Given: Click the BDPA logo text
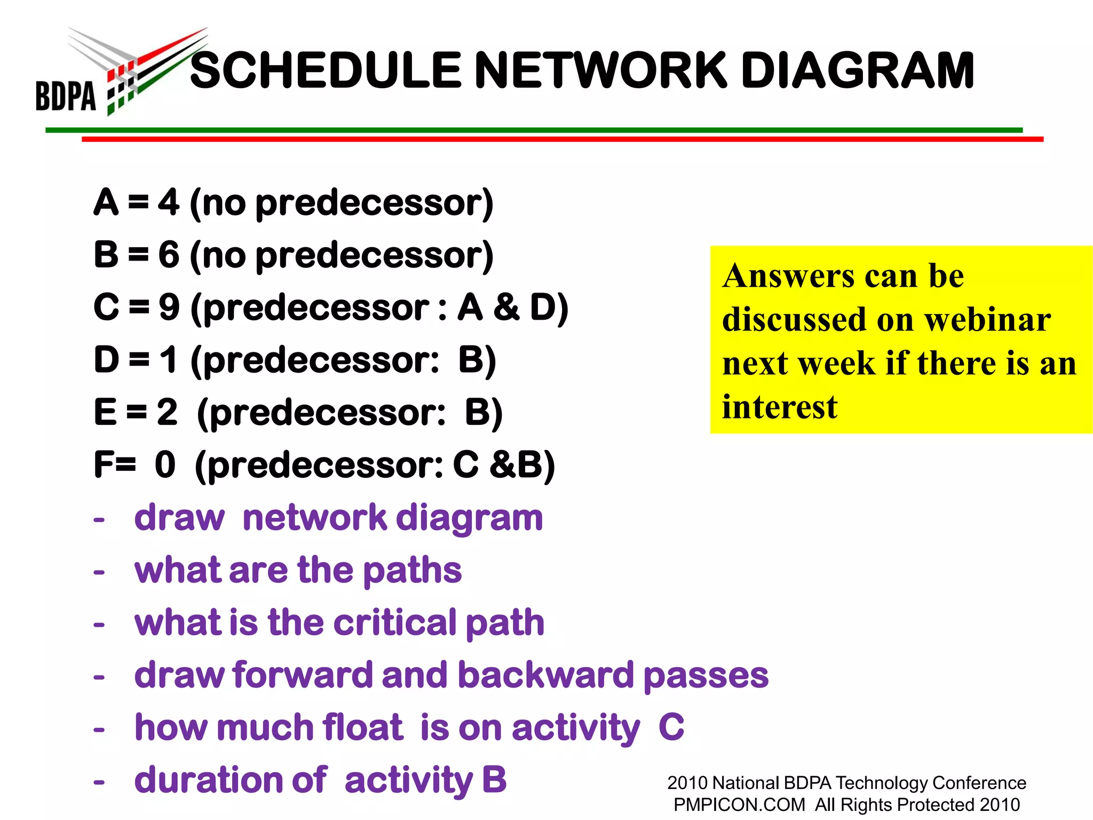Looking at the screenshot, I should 66,96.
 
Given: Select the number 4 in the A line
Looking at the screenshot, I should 169,203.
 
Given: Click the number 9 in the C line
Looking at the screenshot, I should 169,308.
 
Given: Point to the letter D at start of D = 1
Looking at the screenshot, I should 106,360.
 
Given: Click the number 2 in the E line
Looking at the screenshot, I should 167,412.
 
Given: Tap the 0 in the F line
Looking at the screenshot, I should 165,464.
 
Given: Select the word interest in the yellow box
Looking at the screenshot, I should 779,407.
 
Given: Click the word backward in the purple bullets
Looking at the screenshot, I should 545,675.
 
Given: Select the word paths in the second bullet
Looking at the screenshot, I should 412,570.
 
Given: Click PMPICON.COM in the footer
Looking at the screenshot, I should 739,805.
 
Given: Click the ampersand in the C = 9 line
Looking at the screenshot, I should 506,308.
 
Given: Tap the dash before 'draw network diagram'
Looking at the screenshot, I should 99,519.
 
